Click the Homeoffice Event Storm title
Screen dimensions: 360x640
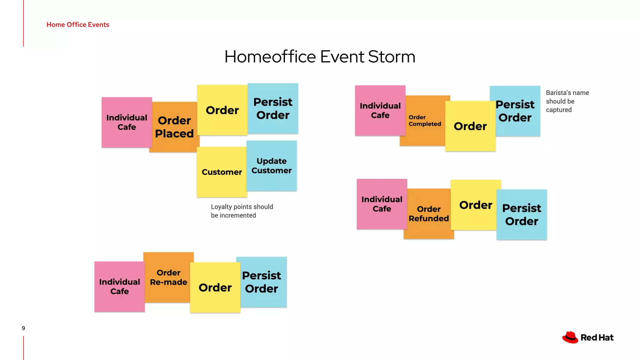(x=320, y=57)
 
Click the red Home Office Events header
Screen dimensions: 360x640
(x=78, y=25)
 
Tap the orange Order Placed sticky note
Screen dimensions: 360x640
(x=174, y=127)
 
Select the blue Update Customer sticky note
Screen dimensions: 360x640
(x=272, y=166)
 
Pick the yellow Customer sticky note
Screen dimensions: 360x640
(x=222, y=172)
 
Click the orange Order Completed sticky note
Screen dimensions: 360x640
(x=425, y=121)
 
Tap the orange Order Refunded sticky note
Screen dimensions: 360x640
(x=428, y=214)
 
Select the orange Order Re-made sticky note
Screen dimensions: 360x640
(x=168, y=277)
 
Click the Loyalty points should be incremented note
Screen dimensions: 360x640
(x=242, y=211)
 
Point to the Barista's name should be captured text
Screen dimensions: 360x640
(x=567, y=101)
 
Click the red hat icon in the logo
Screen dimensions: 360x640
(x=570, y=337)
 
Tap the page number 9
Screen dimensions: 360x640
(x=23, y=328)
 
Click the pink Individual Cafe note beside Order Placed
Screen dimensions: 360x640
(x=127, y=122)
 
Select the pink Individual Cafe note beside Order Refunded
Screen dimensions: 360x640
(x=382, y=204)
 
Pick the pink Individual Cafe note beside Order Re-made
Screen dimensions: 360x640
(x=119, y=287)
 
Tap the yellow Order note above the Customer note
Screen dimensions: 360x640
(x=222, y=110)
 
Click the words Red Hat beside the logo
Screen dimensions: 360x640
(x=597, y=337)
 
